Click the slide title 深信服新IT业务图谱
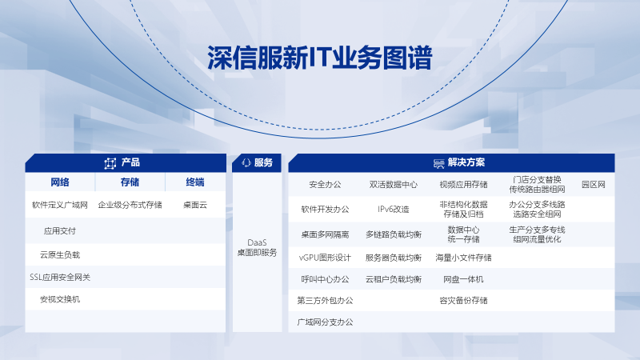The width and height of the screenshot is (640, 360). [319, 58]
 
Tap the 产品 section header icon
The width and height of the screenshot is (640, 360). [110, 163]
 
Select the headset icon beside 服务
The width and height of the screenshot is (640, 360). [246, 163]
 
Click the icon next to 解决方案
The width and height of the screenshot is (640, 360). [438, 163]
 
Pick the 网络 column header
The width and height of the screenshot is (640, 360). [59, 182]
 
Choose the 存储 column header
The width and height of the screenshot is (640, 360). [130, 182]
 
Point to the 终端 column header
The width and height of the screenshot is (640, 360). [195, 182]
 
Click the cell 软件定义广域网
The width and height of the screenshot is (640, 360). [59, 205]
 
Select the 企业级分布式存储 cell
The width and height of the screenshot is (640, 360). [130, 205]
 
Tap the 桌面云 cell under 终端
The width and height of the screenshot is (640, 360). [195, 205]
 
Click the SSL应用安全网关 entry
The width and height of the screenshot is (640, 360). [59, 278]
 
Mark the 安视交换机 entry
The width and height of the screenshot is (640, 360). [59, 299]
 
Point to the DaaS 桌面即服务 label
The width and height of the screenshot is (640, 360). [257, 248]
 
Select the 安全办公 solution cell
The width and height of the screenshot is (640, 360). [325, 185]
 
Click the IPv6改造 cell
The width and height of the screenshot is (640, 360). [394, 210]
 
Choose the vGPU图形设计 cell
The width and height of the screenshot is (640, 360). [325, 258]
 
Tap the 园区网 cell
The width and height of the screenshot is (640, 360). [594, 185]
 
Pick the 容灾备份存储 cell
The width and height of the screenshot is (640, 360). [463, 301]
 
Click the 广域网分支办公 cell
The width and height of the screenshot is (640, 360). [325, 322]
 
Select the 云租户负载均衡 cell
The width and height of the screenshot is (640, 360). [394, 279]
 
